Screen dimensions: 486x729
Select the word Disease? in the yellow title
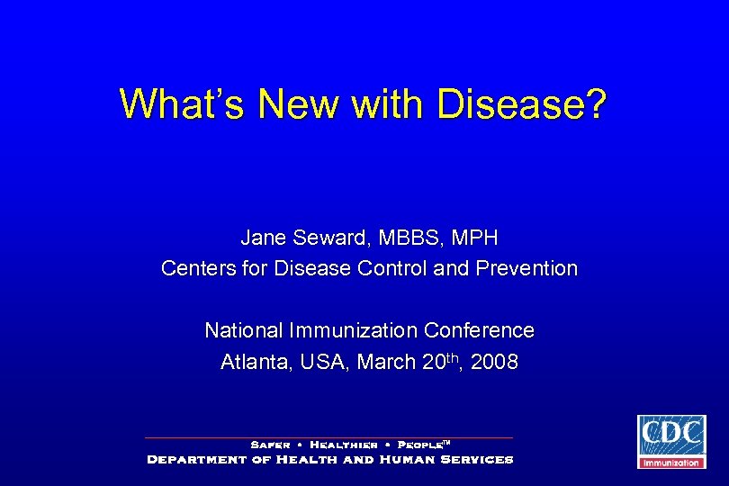click(x=522, y=104)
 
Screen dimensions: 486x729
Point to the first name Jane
click(x=261, y=238)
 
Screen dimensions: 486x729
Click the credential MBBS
click(x=403, y=238)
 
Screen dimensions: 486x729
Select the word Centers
click(x=195, y=268)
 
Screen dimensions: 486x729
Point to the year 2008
click(x=494, y=362)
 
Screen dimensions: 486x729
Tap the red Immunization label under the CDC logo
click(x=670, y=463)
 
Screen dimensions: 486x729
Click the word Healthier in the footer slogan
click(x=343, y=445)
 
